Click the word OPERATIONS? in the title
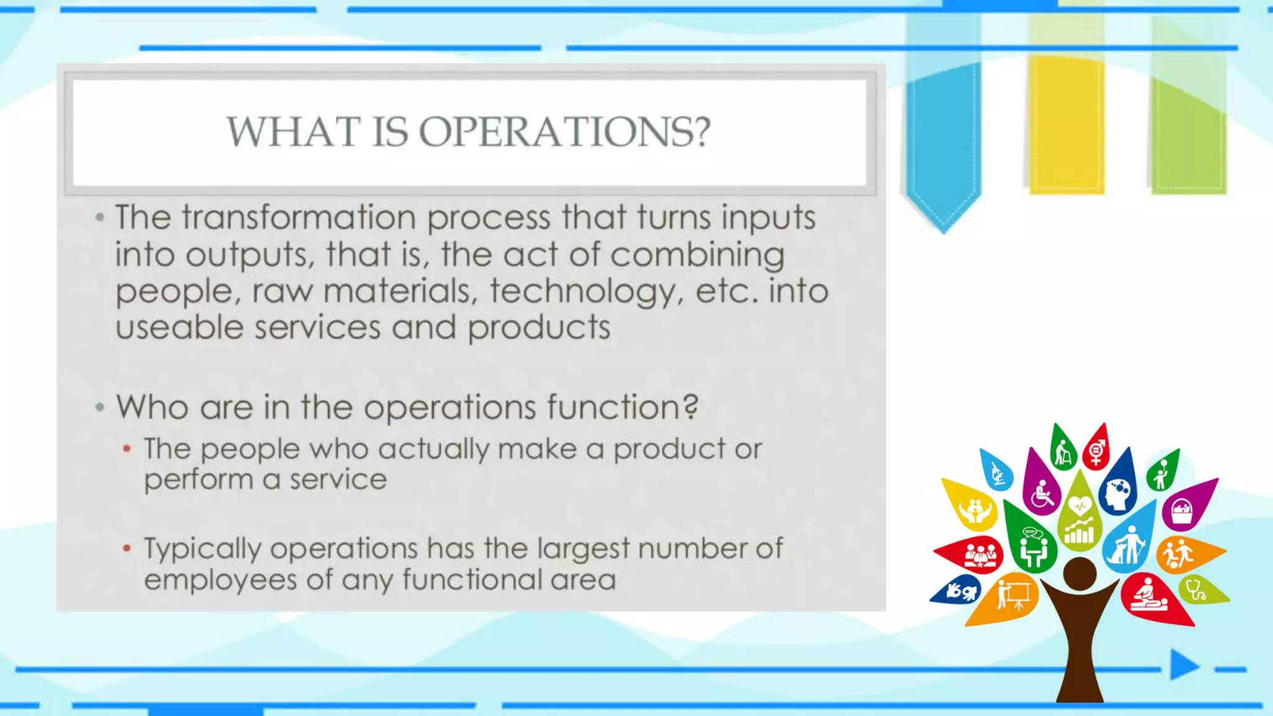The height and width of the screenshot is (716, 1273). (x=564, y=132)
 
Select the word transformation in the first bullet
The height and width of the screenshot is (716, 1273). (x=298, y=218)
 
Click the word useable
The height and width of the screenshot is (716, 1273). (x=180, y=328)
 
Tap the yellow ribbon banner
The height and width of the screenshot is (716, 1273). (x=1066, y=124)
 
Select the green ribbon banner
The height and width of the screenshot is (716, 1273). (x=1188, y=124)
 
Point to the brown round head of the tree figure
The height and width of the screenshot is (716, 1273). (x=1080, y=573)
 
